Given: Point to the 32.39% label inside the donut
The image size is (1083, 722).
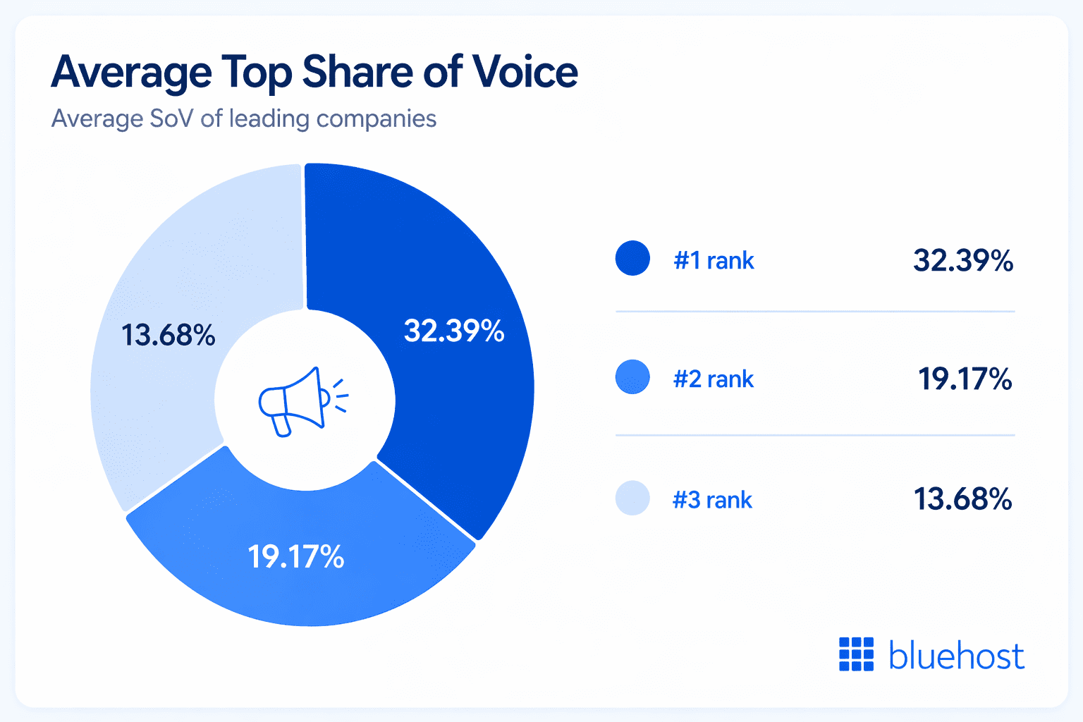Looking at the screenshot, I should (454, 331).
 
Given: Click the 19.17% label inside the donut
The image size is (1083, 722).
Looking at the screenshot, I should (296, 557).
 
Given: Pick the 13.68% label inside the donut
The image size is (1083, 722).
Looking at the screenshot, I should (169, 335).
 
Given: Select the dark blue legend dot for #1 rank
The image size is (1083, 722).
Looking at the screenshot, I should (632, 258).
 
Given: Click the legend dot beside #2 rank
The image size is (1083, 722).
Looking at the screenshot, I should (632, 377).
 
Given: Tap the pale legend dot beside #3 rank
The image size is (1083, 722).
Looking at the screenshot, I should (632, 498).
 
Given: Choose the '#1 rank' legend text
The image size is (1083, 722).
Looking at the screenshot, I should (714, 261).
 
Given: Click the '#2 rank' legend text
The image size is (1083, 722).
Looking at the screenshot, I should (714, 379).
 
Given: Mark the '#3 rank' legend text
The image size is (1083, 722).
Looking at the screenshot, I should (712, 500).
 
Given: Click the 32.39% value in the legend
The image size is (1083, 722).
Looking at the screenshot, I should (963, 261).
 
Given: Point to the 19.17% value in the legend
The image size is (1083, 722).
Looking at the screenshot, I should (965, 379).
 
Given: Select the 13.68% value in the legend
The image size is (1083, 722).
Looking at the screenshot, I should (963, 499).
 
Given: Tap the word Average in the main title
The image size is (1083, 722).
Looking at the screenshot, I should (131, 72).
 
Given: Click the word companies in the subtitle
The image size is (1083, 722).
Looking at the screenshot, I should (377, 118).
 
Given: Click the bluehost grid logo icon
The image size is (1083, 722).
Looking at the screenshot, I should (856, 654).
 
